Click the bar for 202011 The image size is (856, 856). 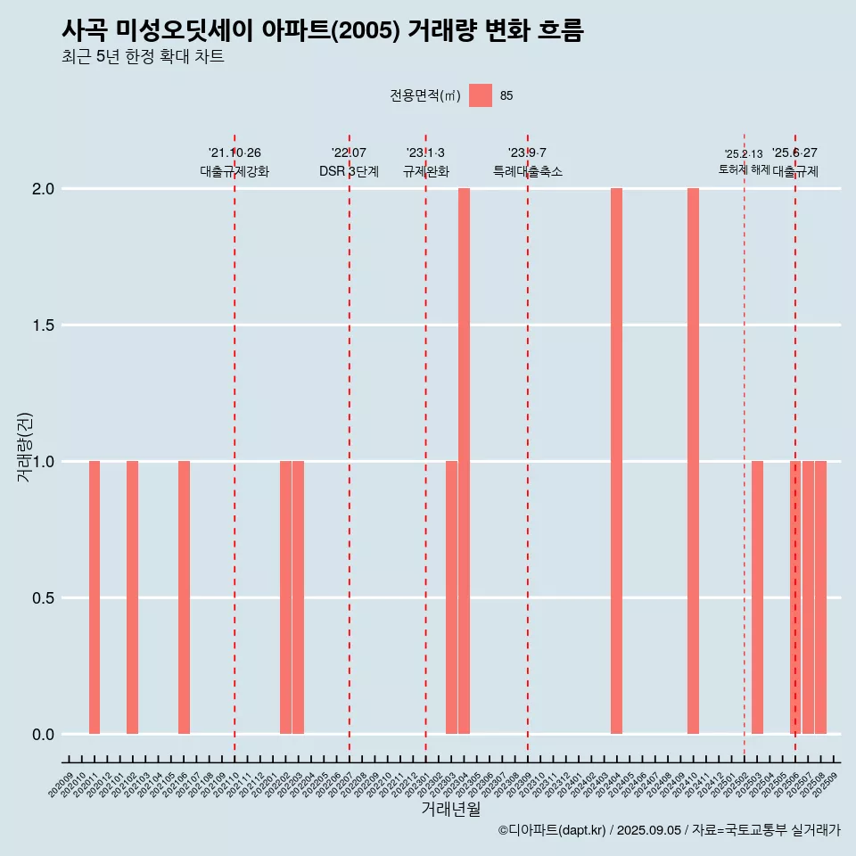click(95, 597)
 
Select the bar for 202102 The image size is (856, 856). click(132, 597)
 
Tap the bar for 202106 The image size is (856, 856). click(184, 597)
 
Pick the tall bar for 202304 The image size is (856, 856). click(464, 461)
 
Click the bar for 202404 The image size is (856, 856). click(616, 461)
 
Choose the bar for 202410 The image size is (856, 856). click(693, 461)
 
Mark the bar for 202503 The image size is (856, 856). click(757, 597)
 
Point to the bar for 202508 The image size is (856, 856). click(820, 597)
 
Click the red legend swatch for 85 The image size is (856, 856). click(481, 95)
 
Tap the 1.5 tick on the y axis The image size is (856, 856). click(44, 325)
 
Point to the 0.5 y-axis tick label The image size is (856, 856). click(44, 598)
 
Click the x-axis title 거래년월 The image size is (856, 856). click(450, 810)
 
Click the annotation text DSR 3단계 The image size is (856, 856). click(349, 171)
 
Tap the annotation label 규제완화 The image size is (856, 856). click(425, 171)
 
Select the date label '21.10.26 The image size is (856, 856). click(235, 153)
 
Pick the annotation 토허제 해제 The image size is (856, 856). click(744, 169)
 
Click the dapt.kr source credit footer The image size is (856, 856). click(669, 830)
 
